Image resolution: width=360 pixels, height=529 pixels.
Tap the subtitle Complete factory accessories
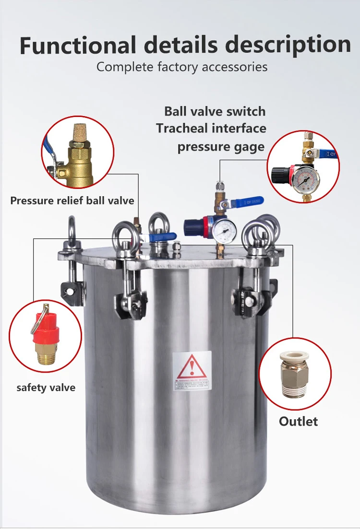pos(182,67)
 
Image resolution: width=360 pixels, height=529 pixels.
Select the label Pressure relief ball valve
pos(72,200)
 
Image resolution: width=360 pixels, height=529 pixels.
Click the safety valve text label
pos(46,387)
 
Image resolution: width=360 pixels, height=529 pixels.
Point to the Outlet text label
pos(298,422)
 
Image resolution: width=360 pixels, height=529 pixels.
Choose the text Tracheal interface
pos(211,129)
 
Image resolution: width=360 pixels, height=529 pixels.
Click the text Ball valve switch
pos(215,111)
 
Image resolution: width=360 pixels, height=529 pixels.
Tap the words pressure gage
pos(221,146)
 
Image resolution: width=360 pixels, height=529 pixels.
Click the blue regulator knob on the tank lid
pos(194,225)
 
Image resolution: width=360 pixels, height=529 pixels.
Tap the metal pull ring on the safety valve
pos(38,319)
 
